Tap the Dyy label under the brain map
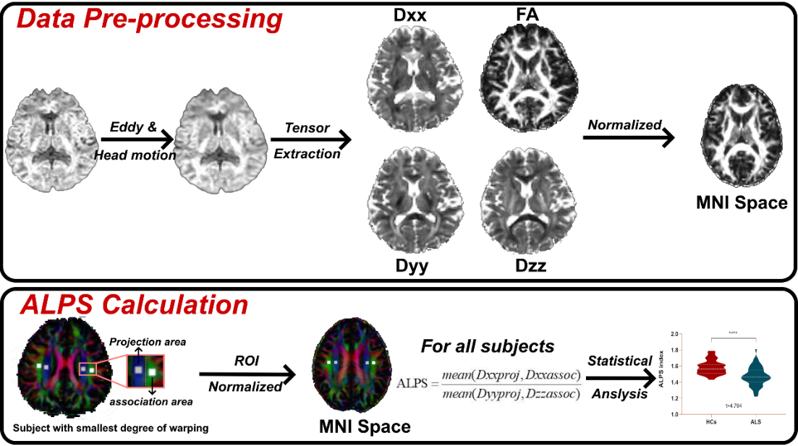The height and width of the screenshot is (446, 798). point(412,266)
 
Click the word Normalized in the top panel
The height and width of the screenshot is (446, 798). point(624,125)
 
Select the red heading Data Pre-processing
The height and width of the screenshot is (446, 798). point(149,18)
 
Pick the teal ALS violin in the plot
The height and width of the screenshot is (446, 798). point(755,374)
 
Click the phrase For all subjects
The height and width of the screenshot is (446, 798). point(487,346)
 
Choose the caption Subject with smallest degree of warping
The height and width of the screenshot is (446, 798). point(111,428)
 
